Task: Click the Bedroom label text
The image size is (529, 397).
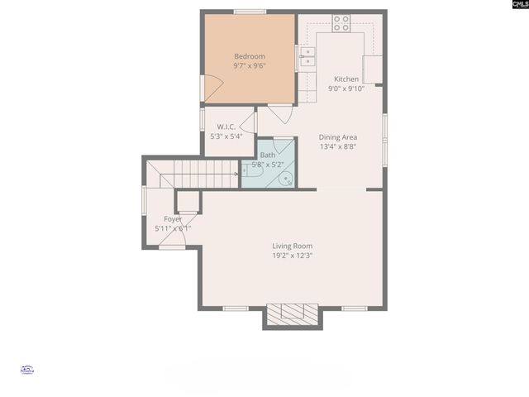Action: pos(249,56)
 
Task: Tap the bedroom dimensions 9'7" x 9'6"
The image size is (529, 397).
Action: pos(249,65)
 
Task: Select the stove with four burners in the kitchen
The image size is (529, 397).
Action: pos(341,22)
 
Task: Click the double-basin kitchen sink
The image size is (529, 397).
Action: pos(307,56)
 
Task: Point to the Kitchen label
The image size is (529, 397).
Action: pos(346,79)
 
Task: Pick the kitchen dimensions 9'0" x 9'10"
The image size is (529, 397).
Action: pos(346,88)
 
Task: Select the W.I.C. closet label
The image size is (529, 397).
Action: pos(226,127)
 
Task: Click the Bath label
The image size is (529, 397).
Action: pos(268,155)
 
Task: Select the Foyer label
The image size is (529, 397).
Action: pos(172,218)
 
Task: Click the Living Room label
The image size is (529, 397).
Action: pos(293,246)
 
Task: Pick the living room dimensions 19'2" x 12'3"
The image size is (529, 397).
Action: pos(293,256)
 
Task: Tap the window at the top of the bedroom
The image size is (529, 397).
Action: pos(249,12)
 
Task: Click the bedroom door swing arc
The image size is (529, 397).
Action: pos(213,85)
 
